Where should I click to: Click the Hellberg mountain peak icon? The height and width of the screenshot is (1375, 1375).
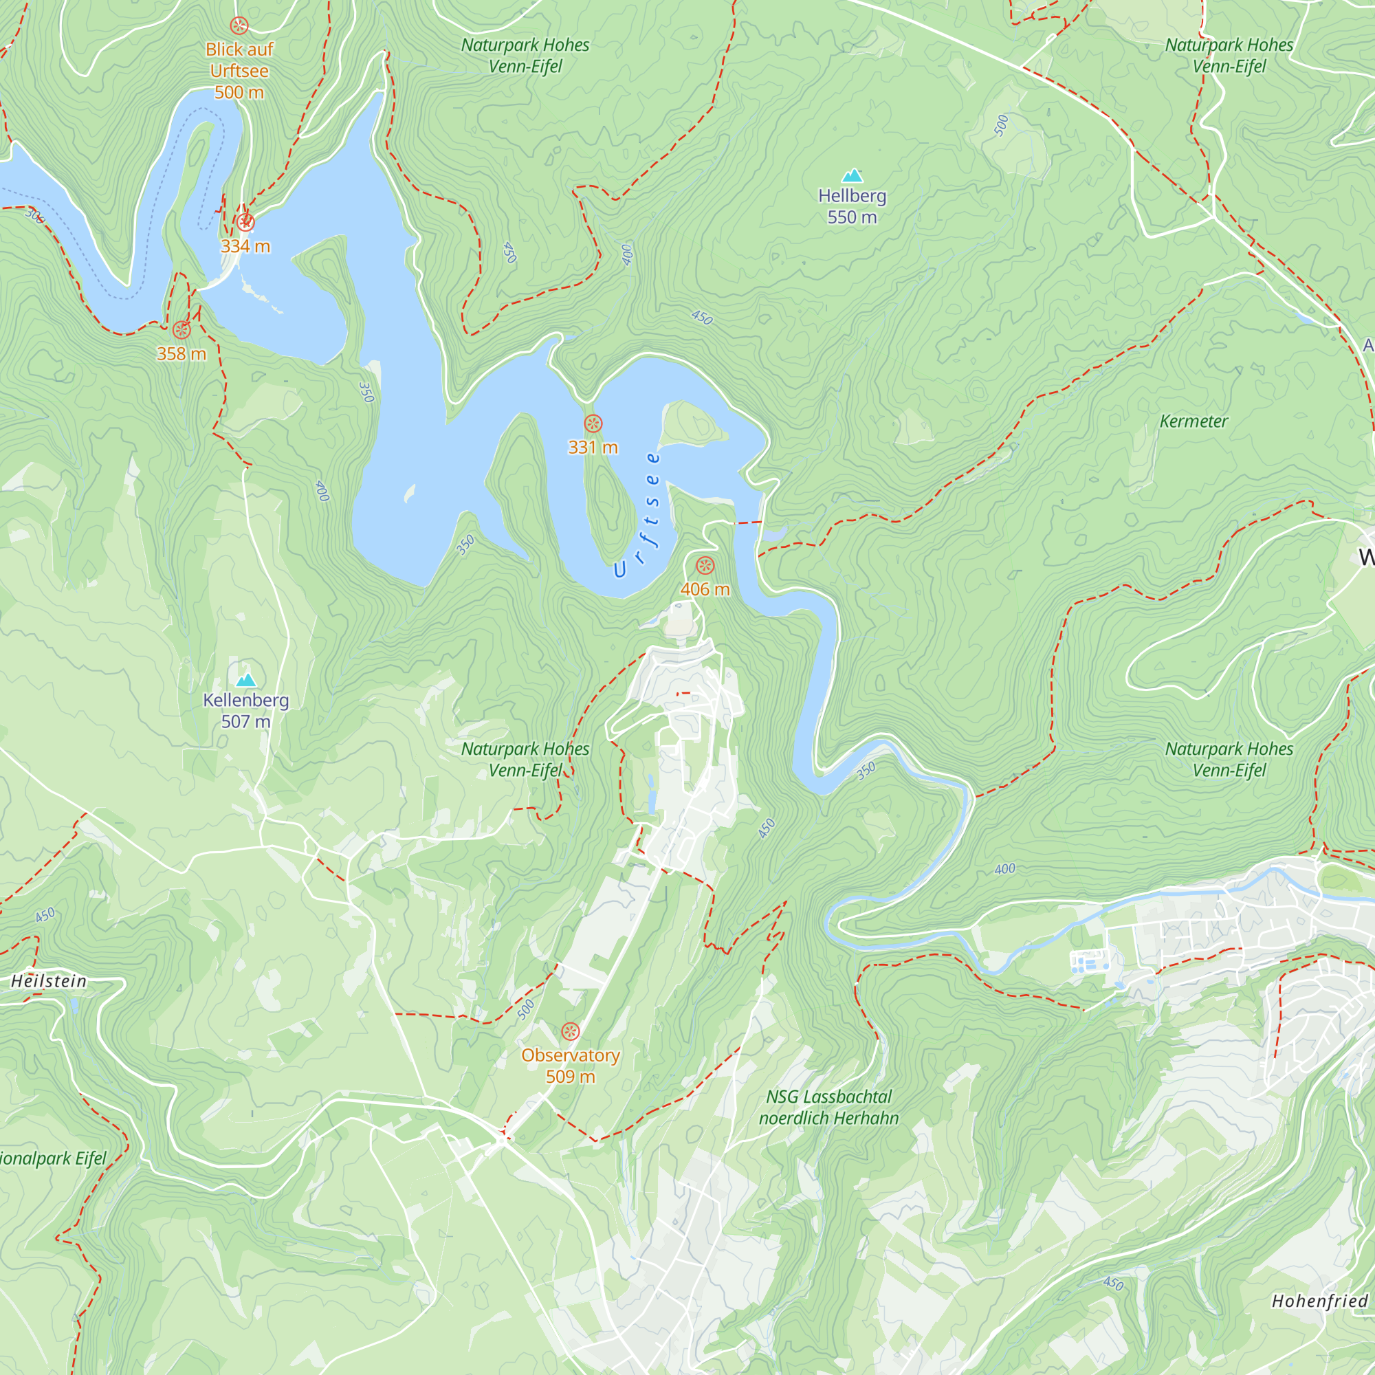coord(852,176)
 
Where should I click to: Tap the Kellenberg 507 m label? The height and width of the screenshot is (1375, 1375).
coord(245,710)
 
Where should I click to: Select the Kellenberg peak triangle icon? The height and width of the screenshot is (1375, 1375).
coord(245,680)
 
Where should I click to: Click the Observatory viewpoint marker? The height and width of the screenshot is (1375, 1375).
coord(570,1031)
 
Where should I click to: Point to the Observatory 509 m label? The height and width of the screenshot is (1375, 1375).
coord(570,1066)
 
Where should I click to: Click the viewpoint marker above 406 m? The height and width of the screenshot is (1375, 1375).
coord(705,566)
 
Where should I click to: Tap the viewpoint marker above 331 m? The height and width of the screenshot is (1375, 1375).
coord(593,424)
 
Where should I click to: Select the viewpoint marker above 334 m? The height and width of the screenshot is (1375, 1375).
coord(245,223)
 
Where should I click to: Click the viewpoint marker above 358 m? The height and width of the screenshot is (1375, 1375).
coord(181,329)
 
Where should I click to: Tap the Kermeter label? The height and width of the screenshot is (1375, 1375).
coord(1193,421)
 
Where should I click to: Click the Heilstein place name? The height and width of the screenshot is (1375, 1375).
coord(48,981)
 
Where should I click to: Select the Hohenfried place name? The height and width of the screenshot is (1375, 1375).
coord(1319,1301)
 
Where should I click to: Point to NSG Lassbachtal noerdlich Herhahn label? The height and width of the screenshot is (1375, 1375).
coord(828,1108)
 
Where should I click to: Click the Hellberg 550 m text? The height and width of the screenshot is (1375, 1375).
coord(852,206)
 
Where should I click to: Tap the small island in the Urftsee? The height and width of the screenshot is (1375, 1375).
coord(692,424)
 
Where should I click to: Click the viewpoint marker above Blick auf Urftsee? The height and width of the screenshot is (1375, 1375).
coord(239,25)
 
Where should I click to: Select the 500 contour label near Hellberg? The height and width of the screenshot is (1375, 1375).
coord(1002,125)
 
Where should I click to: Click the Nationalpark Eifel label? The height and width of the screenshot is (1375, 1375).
coord(52,1158)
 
